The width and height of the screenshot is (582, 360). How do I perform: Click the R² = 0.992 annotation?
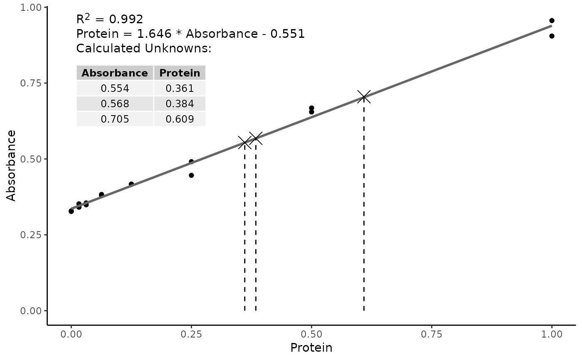click(110, 19)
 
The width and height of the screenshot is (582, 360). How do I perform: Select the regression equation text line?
click(190, 34)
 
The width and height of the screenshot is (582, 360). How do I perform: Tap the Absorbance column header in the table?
click(115, 73)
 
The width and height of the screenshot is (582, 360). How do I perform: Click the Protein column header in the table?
click(180, 73)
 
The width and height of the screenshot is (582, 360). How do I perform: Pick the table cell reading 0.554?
click(115, 88)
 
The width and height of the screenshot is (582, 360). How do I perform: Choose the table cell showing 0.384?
click(180, 104)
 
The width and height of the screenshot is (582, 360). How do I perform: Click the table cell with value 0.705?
click(115, 119)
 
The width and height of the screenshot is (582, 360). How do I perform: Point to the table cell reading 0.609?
click(180, 119)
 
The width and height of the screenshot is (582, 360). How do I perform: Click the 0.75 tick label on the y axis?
click(31, 83)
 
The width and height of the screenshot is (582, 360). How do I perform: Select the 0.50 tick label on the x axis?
click(311, 334)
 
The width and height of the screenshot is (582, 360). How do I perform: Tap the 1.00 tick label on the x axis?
click(552, 334)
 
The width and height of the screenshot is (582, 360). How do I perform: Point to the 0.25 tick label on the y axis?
click(31, 235)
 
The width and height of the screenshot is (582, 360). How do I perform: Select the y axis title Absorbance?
click(12, 165)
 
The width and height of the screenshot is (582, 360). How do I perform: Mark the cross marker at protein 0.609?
click(364, 97)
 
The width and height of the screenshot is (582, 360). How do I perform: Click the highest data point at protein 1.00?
click(552, 20)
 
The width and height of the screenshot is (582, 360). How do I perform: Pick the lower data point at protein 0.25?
click(191, 175)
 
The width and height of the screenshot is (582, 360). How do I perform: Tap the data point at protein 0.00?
click(71, 211)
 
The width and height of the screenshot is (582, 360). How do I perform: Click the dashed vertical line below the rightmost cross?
click(364, 208)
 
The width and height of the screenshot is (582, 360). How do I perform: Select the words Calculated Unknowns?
click(144, 48)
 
